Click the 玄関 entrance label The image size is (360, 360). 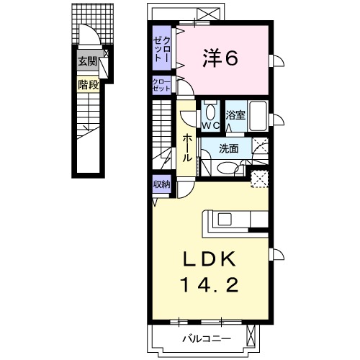(x=88, y=62)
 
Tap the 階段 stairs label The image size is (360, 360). (x=88, y=84)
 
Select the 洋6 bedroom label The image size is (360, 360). (x=220, y=58)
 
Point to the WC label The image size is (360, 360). (x=210, y=125)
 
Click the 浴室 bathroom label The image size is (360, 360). (x=235, y=115)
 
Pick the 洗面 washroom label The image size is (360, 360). (x=228, y=149)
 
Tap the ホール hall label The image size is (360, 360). (x=187, y=148)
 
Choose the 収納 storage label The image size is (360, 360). (x=162, y=184)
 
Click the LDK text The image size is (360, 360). (x=209, y=259)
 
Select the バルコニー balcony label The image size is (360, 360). (x=207, y=338)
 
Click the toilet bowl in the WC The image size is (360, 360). (x=210, y=112)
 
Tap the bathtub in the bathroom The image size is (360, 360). (x=258, y=116)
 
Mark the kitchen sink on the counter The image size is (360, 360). (x=225, y=219)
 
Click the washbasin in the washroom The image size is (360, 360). (x=228, y=168)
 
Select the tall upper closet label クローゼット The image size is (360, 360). (x=162, y=49)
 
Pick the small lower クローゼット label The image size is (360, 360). (x=161, y=85)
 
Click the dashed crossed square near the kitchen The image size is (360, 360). (x=259, y=179)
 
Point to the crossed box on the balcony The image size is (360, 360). (x=251, y=338)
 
